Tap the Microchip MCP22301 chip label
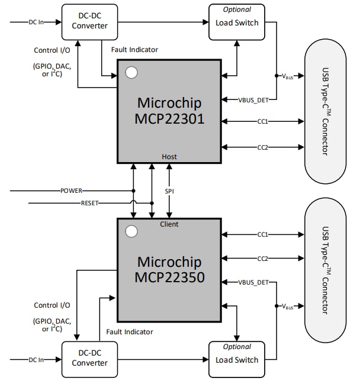(x=169, y=110)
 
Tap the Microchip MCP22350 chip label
(x=169, y=269)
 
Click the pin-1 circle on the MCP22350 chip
(x=131, y=231)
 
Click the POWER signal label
(x=71, y=191)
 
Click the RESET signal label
(x=89, y=203)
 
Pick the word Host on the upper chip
(x=169, y=157)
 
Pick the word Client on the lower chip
(x=169, y=224)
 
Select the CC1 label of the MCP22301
(x=262, y=122)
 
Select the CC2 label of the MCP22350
(x=262, y=259)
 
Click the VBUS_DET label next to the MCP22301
(x=253, y=99)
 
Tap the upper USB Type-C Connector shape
(x=325, y=112)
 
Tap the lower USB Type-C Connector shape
(x=325, y=270)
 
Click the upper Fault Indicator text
(x=134, y=50)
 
